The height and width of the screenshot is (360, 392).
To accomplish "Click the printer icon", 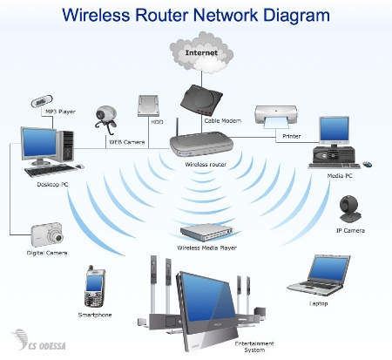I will (x=277, y=116).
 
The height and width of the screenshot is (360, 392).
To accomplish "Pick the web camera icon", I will (x=106, y=116).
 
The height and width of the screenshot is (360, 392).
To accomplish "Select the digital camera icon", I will (x=46, y=234).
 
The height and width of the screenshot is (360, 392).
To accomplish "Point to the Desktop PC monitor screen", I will (x=37, y=142).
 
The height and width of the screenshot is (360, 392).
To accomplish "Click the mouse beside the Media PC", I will (x=367, y=163).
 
